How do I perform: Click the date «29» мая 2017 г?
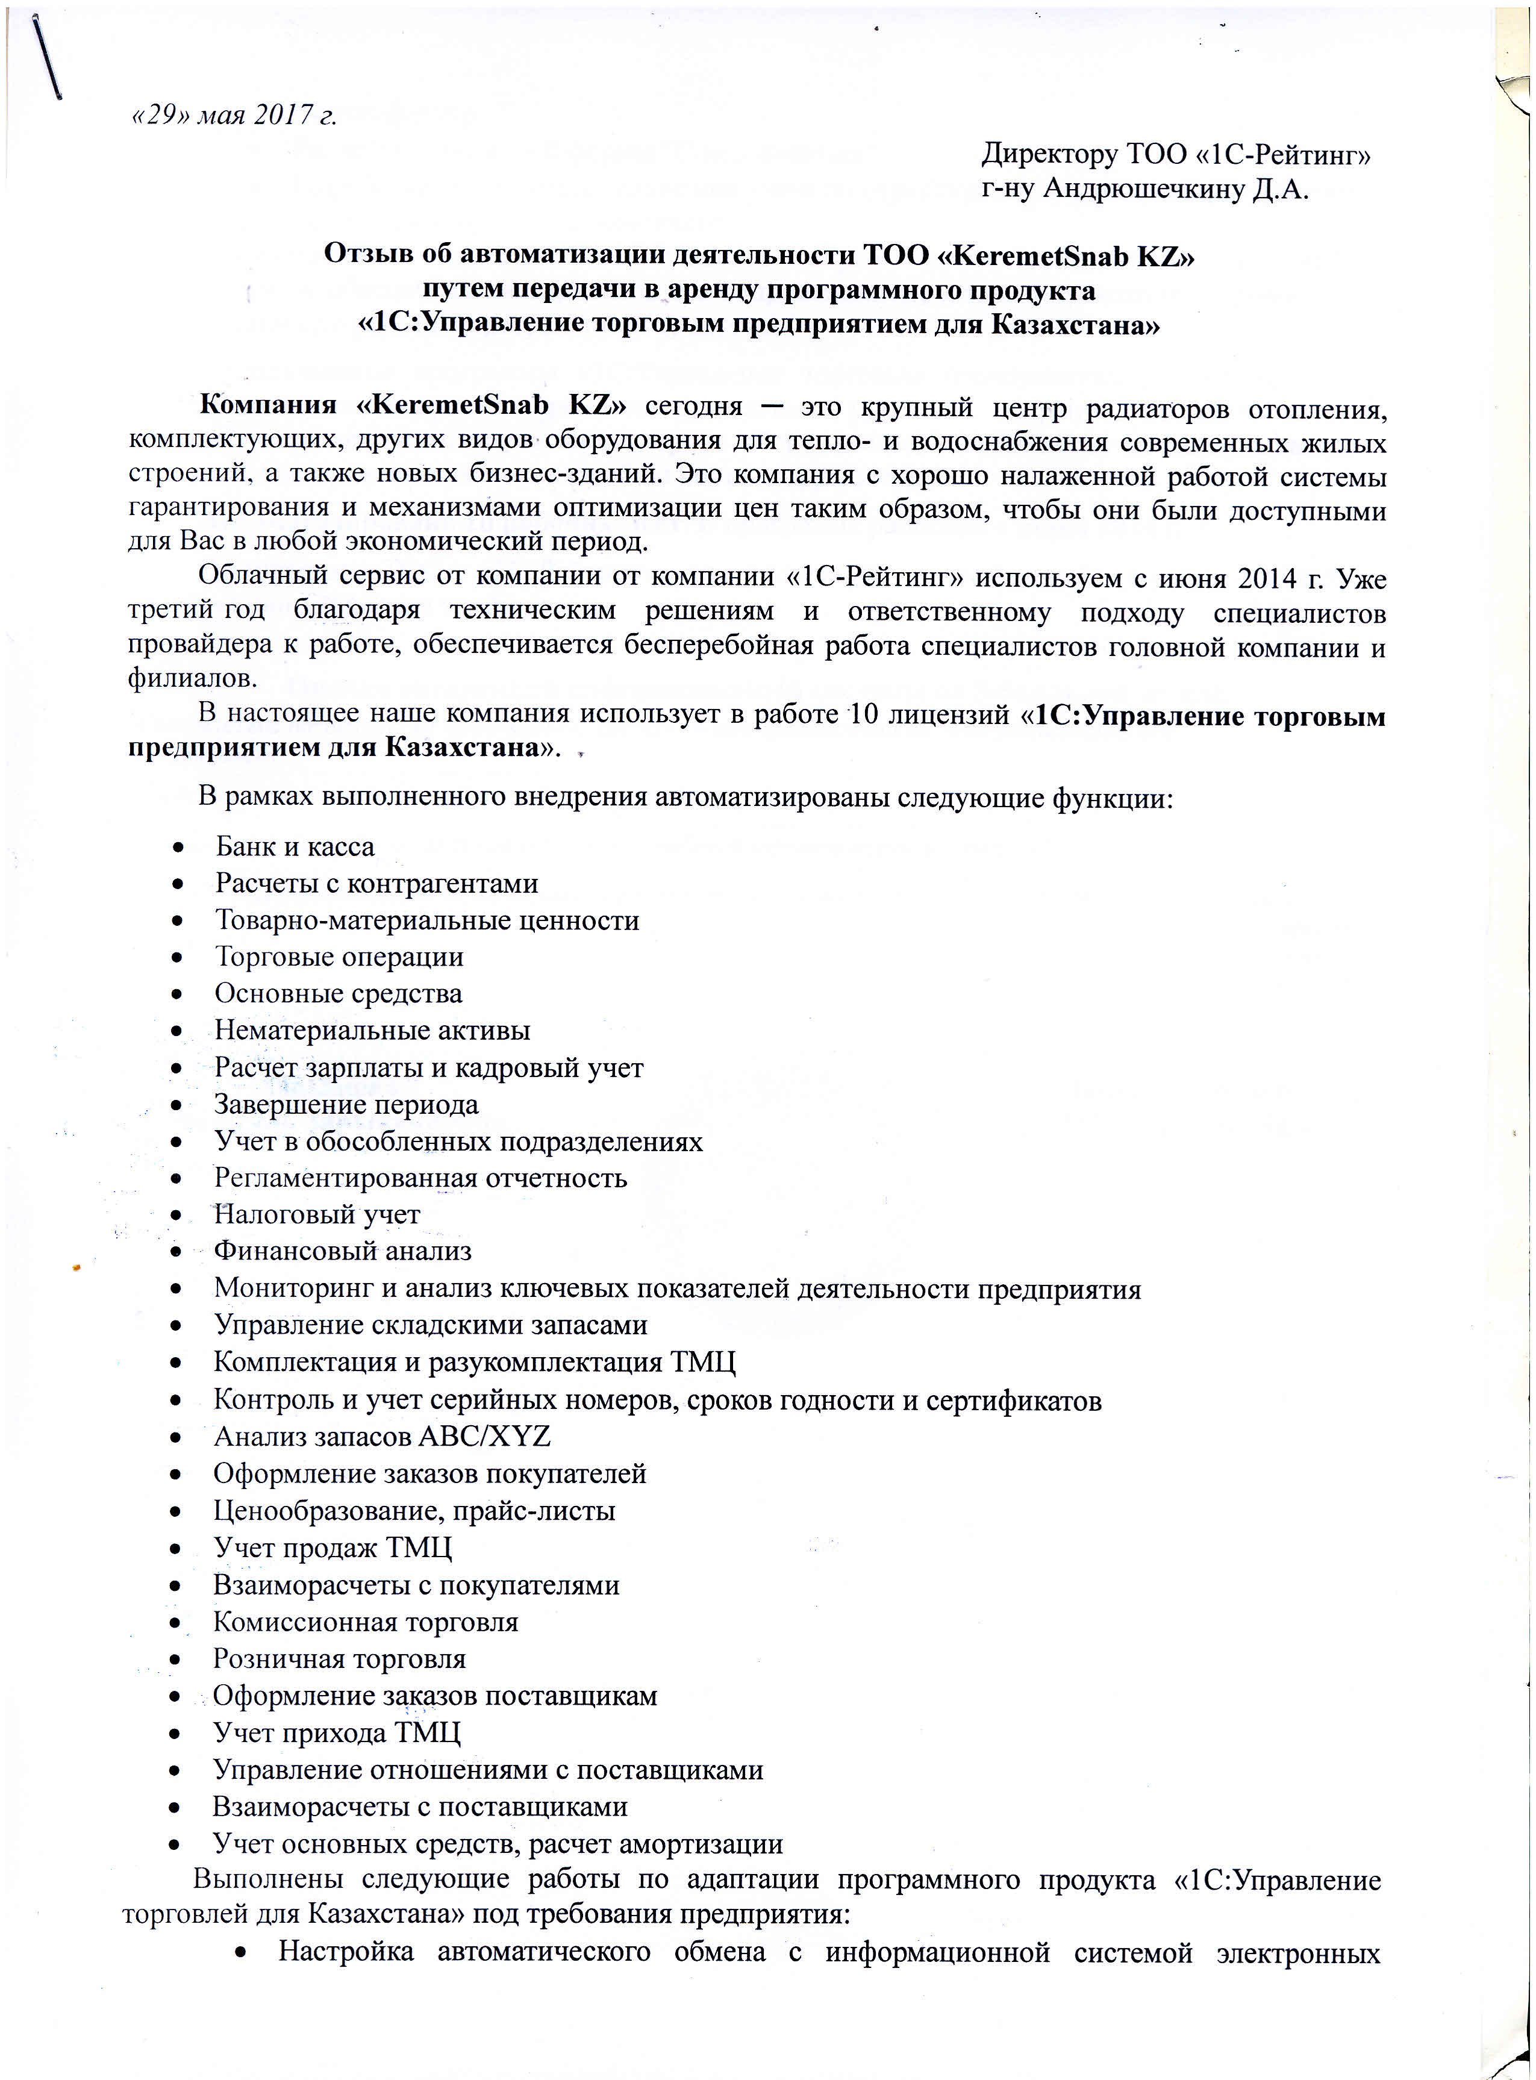tap(233, 116)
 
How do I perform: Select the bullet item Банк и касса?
tap(295, 847)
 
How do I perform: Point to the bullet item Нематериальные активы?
tap(372, 1030)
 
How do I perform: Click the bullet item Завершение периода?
tap(346, 1105)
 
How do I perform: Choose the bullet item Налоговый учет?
tap(317, 1214)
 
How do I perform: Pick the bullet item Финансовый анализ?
tap(342, 1252)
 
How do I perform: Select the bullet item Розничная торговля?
tap(339, 1659)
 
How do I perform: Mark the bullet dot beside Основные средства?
tap(176, 995)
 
